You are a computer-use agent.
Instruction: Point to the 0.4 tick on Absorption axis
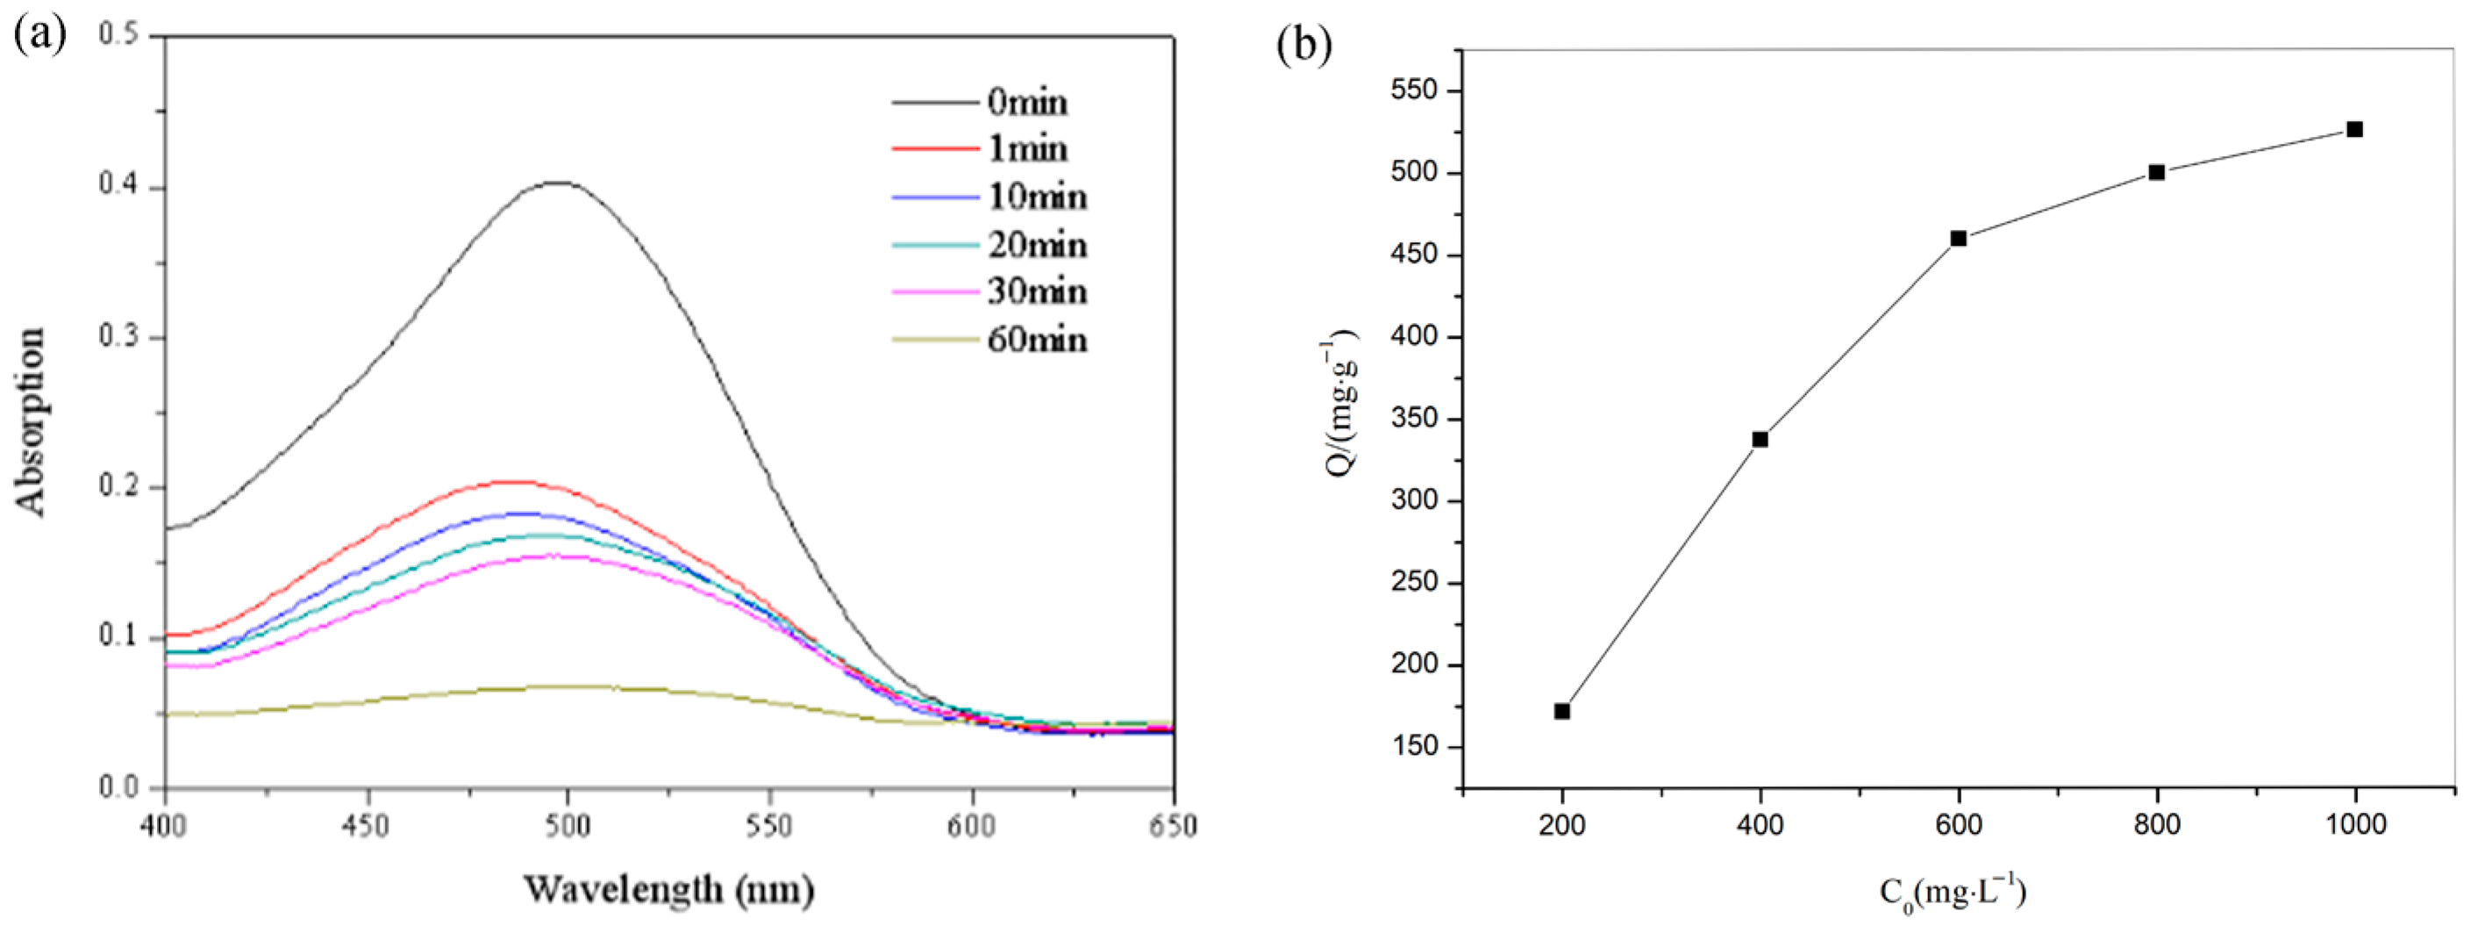click(118, 185)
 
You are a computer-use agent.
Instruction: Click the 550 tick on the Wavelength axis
click(770, 825)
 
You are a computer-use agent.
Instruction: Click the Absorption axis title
click(31, 422)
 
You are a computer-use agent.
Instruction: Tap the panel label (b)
click(1304, 44)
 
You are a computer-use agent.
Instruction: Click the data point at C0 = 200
click(1561, 711)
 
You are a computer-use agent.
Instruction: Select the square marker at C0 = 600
click(1959, 238)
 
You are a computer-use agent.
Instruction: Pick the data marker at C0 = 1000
click(2355, 130)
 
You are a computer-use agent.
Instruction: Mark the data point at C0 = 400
click(1760, 440)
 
